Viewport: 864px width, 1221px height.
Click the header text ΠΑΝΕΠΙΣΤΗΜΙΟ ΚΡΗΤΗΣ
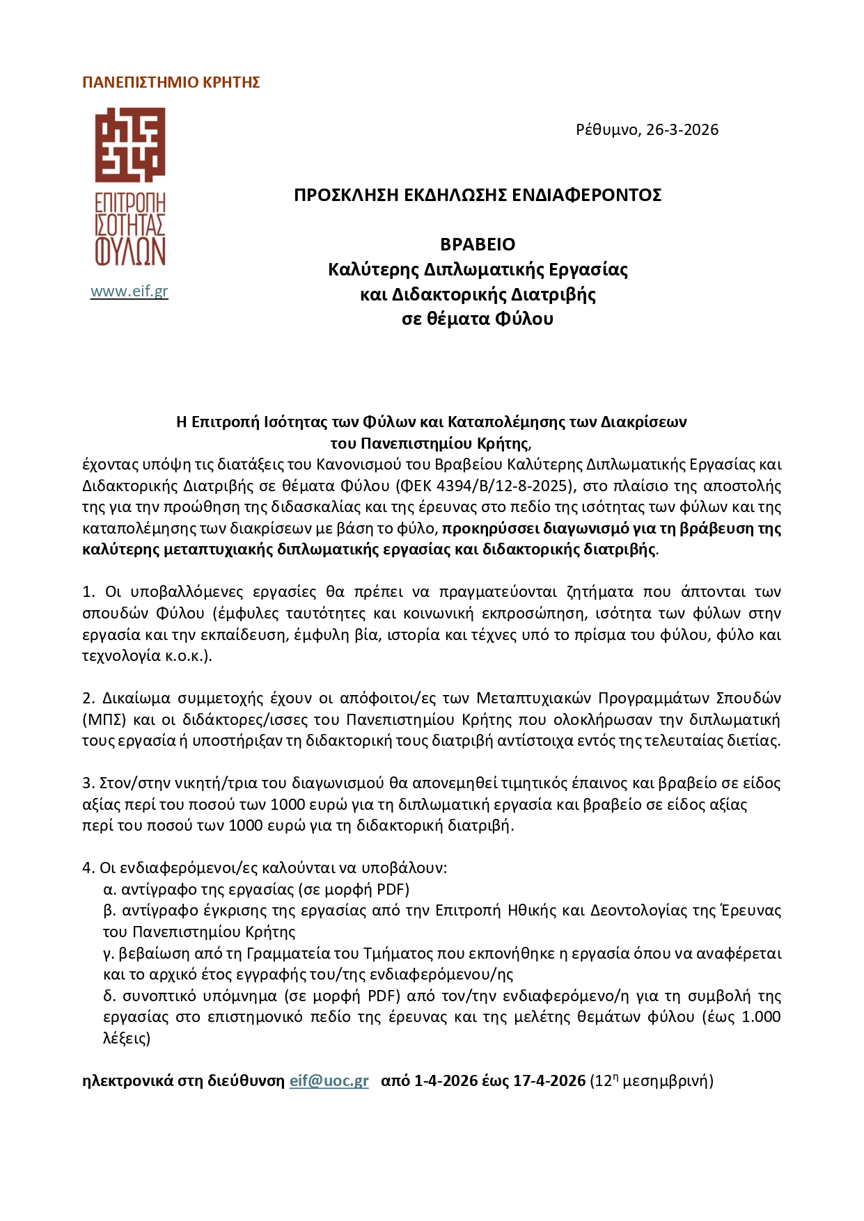coord(171,83)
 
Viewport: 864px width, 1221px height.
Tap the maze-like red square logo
coord(130,145)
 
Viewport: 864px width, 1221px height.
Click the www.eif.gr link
coord(129,292)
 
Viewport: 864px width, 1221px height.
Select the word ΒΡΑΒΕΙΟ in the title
coord(478,244)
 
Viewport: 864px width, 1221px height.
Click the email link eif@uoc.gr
coord(329,1081)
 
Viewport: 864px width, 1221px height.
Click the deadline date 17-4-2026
coord(549,1081)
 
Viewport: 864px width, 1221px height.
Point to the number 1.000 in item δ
coord(761,1017)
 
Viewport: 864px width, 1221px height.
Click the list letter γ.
coord(108,953)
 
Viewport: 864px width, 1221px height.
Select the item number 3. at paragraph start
coord(88,783)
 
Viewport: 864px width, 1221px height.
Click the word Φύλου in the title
coord(524,319)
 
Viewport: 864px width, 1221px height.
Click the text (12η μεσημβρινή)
coord(652,1081)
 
